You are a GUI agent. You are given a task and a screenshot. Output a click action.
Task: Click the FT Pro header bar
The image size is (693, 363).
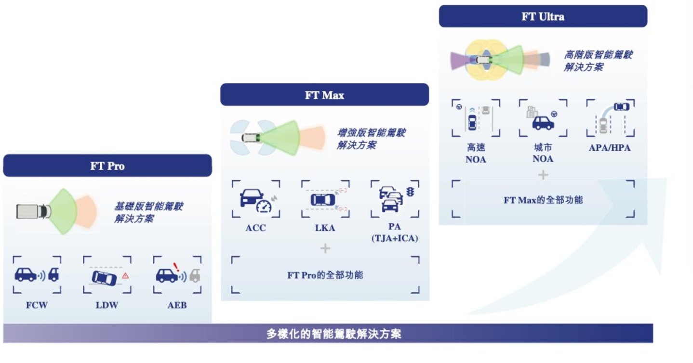click(x=107, y=166)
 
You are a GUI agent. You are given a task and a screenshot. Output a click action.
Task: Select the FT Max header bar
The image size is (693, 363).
click(x=324, y=95)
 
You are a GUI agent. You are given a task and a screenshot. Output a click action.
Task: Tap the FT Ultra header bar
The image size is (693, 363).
click(x=543, y=16)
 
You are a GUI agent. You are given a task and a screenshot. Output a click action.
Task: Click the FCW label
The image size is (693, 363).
click(x=37, y=305)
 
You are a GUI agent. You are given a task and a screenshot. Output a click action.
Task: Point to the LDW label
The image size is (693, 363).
click(x=107, y=305)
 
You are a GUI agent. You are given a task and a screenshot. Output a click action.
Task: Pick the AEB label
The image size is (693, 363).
click(x=177, y=305)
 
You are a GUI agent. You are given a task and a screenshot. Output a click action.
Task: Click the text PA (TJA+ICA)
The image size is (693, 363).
click(x=395, y=232)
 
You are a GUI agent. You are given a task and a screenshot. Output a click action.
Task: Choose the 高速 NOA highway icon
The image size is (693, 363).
click(x=475, y=118)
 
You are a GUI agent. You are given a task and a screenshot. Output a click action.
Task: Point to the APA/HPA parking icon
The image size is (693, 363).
click(x=610, y=118)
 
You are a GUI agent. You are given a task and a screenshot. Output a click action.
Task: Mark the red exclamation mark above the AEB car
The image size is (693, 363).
click(x=176, y=266)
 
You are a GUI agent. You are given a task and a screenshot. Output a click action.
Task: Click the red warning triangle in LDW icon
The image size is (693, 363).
click(x=125, y=276)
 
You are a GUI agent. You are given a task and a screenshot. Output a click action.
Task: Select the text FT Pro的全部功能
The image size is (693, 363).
click(x=325, y=275)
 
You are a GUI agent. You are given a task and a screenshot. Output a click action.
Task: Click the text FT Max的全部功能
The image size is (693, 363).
click(x=543, y=199)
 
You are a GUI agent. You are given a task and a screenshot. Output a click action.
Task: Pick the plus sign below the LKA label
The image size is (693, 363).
click(x=325, y=248)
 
